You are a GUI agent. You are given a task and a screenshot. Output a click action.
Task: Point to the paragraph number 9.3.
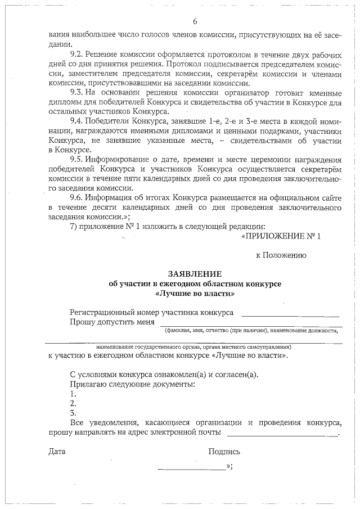[77, 92]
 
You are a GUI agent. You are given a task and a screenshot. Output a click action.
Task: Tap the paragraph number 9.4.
[77, 121]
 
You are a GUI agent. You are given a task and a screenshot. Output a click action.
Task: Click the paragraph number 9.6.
[77, 198]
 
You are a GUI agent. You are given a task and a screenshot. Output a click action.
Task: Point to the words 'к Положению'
[281, 255]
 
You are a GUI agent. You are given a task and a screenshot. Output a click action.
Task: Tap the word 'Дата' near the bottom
[57, 451]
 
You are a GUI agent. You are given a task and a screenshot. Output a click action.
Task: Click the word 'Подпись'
[224, 451]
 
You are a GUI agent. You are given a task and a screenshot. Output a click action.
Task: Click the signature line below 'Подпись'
[191, 469]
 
